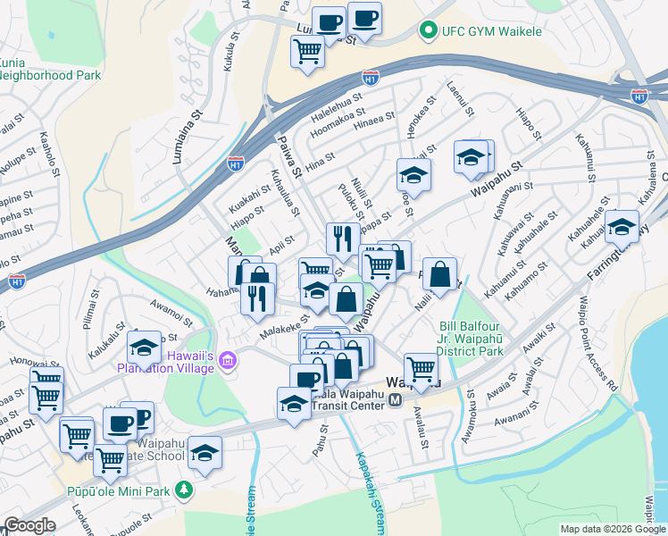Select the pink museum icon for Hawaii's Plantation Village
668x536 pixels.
pyautogui.click(x=227, y=361)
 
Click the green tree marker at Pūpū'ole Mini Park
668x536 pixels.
pyautogui.click(x=184, y=490)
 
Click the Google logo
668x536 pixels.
pyautogui.click(x=29, y=526)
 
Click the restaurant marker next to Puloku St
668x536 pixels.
pyautogui.click(x=343, y=240)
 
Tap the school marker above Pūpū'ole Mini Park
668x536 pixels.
pyautogui.click(x=205, y=454)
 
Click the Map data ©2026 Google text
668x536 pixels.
pyautogui.click(x=613, y=529)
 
